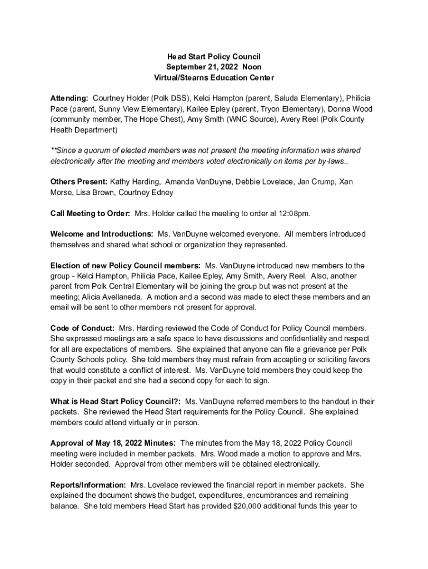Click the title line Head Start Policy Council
(x=214, y=57)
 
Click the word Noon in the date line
(x=252, y=67)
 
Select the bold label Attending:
(x=69, y=98)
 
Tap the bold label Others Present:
(x=79, y=182)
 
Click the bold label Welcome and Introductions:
(x=102, y=234)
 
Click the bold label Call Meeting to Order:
(x=90, y=213)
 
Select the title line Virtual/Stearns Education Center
(x=214, y=78)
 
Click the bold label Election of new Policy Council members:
(x=125, y=266)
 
